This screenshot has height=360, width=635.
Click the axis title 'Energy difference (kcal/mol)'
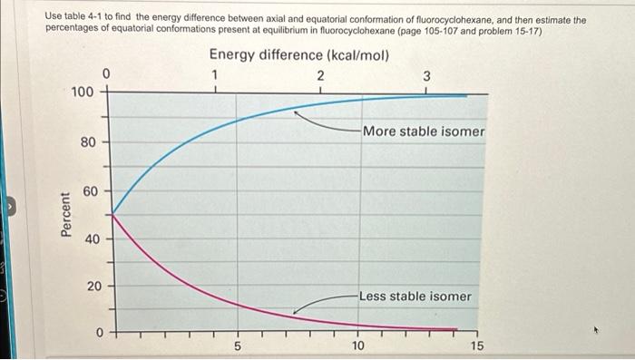coord(299,55)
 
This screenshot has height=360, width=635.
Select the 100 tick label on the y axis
coord(82,92)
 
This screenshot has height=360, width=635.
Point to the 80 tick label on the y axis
coord(85,142)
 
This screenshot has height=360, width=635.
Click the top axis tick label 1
coord(214,74)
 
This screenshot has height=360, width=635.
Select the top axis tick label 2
coord(319,75)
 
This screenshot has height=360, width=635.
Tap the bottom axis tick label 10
coord(357,345)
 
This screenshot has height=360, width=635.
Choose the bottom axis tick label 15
coord(478,345)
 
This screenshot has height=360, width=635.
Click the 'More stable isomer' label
coord(424,131)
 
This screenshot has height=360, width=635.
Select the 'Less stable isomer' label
coord(415,297)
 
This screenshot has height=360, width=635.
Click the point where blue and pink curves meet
coord(111,214)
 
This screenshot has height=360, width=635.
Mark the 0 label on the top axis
coord(106,72)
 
